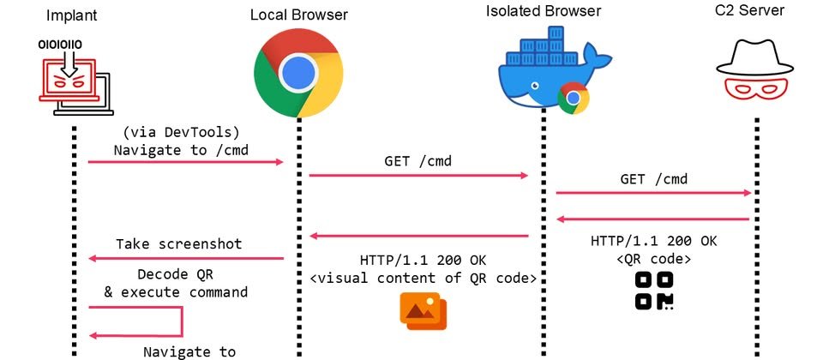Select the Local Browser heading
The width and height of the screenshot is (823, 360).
tap(299, 15)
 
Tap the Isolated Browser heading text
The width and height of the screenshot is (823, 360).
tap(544, 12)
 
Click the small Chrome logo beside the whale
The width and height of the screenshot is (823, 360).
tap(573, 99)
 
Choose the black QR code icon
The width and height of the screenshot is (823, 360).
tap(654, 291)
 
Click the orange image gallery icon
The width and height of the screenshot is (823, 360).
tap(423, 310)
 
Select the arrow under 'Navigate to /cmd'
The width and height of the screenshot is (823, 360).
tap(185, 161)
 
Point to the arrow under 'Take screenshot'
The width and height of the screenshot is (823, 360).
tap(187, 258)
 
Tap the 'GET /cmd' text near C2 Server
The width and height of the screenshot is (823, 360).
tap(654, 180)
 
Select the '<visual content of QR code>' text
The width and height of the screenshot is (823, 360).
tap(424, 278)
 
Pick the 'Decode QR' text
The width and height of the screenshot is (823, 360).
tap(175, 275)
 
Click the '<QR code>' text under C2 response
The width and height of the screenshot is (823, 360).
tap(654, 258)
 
